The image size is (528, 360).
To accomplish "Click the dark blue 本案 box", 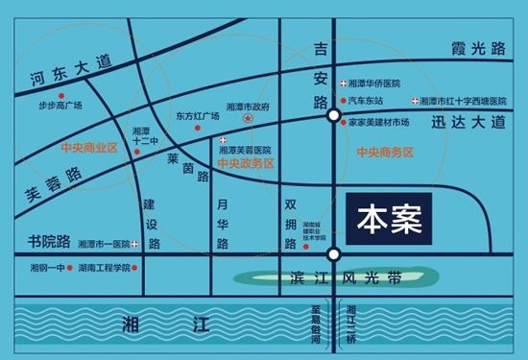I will (390, 218).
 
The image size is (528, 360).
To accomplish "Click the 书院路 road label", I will (47, 240).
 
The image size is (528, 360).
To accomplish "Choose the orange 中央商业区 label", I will (87, 147).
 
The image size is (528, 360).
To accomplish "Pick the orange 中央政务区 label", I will (245, 164).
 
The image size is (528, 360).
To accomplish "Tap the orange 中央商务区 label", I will (384, 153).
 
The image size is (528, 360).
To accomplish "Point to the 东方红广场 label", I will (198, 116).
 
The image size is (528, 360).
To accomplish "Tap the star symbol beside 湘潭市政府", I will (248, 118).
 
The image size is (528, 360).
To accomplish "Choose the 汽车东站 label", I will (366, 100).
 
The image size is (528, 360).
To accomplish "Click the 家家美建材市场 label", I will (386, 123).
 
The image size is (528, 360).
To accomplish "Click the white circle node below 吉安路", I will (332, 115).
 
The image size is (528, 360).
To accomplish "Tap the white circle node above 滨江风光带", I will (332, 254).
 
